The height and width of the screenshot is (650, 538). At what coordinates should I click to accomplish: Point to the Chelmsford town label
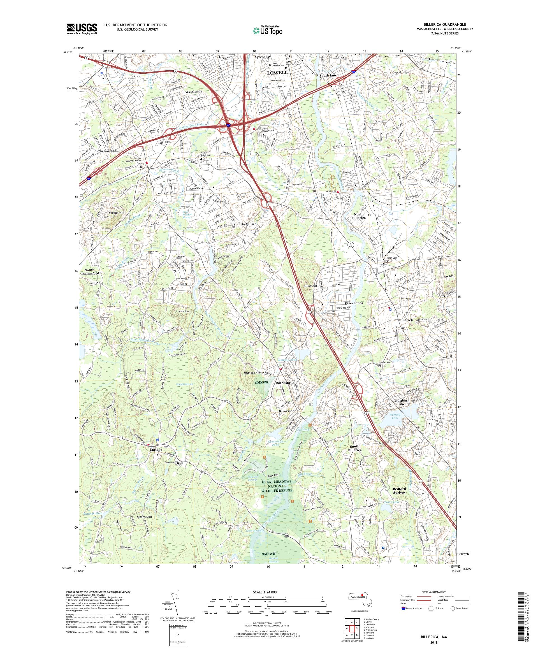point(107,151)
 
